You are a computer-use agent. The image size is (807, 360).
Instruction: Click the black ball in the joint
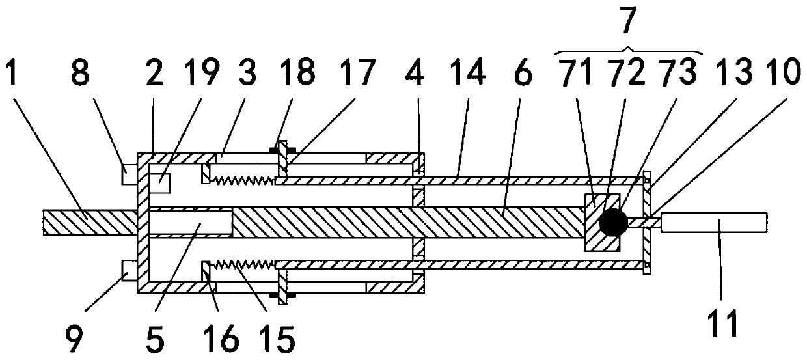click(613, 223)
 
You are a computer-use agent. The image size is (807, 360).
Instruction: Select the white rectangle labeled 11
click(715, 221)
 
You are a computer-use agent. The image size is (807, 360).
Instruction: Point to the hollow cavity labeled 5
click(191, 223)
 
